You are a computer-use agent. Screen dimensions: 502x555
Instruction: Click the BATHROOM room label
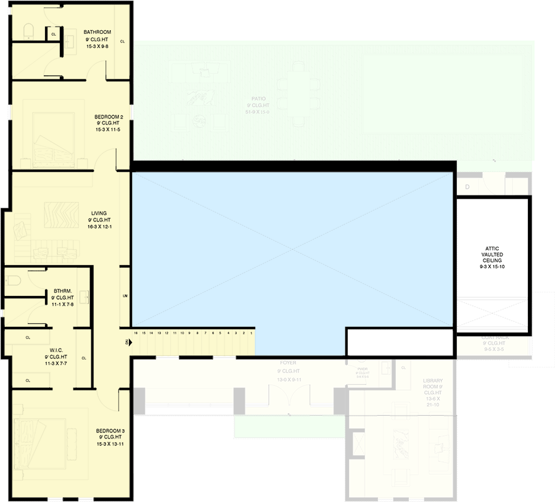[x=98, y=32]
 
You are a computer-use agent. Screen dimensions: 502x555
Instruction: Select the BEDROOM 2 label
[x=109, y=117]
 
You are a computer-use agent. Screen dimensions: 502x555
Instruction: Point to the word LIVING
[x=99, y=213]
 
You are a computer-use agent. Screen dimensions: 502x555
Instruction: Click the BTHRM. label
[x=62, y=290]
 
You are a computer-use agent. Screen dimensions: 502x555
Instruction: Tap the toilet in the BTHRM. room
[x=14, y=281]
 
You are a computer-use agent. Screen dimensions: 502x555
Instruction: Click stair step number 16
[x=135, y=333]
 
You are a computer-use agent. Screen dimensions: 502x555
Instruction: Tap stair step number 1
[x=251, y=333]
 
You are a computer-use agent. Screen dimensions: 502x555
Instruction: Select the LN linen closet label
[x=125, y=297]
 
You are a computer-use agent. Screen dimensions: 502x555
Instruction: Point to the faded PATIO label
[x=258, y=99]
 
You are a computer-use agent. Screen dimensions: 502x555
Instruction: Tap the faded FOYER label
[x=287, y=363]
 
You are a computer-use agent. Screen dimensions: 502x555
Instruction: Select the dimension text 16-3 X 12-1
[x=99, y=227]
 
